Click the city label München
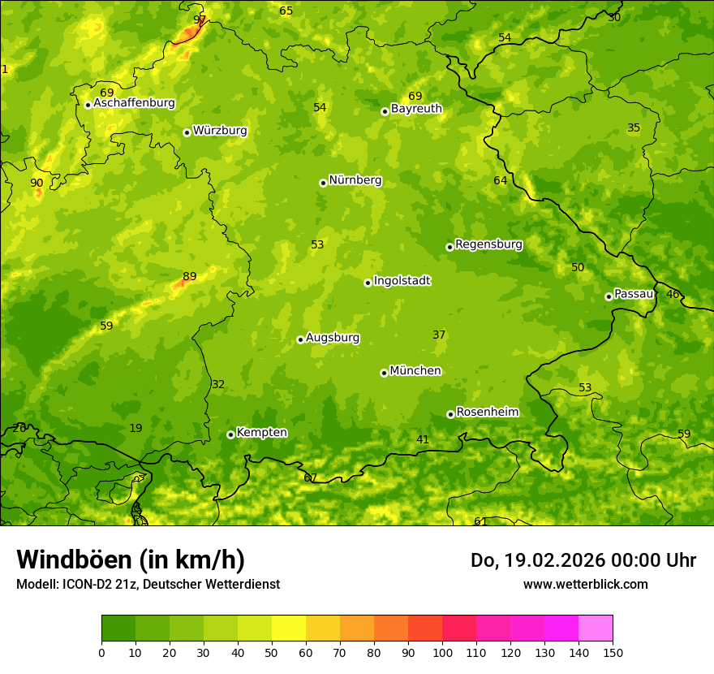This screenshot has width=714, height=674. pyautogui.click(x=415, y=371)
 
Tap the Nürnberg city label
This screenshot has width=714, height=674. pyautogui.click(x=355, y=180)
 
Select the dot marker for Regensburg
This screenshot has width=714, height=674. pyautogui.click(x=449, y=247)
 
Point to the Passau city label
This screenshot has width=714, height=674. pyautogui.click(x=634, y=294)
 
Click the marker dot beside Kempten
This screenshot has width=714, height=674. pyautogui.click(x=230, y=434)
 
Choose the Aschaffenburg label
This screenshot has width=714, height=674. pyautogui.click(x=134, y=103)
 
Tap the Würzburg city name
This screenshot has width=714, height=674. pyautogui.click(x=220, y=131)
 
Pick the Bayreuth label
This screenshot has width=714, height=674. pyautogui.click(x=416, y=109)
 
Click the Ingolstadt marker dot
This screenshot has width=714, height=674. pyautogui.click(x=368, y=283)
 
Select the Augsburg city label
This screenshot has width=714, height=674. pyautogui.click(x=333, y=338)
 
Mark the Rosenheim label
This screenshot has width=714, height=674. pyautogui.click(x=487, y=413)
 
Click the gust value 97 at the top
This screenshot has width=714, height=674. pyautogui.click(x=200, y=19)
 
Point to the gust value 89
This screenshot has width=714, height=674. pyautogui.click(x=189, y=277)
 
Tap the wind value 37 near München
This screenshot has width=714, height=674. pyautogui.click(x=439, y=335)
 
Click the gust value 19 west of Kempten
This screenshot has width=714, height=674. pyautogui.click(x=135, y=429)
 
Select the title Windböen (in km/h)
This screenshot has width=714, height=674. pyautogui.click(x=131, y=560)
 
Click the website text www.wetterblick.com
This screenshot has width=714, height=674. pyautogui.click(x=585, y=584)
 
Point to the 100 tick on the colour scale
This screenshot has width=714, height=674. pyautogui.click(x=442, y=652)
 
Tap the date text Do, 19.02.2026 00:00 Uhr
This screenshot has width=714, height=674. pyautogui.click(x=583, y=560)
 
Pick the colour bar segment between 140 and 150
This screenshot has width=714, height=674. pyautogui.click(x=596, y=629)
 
